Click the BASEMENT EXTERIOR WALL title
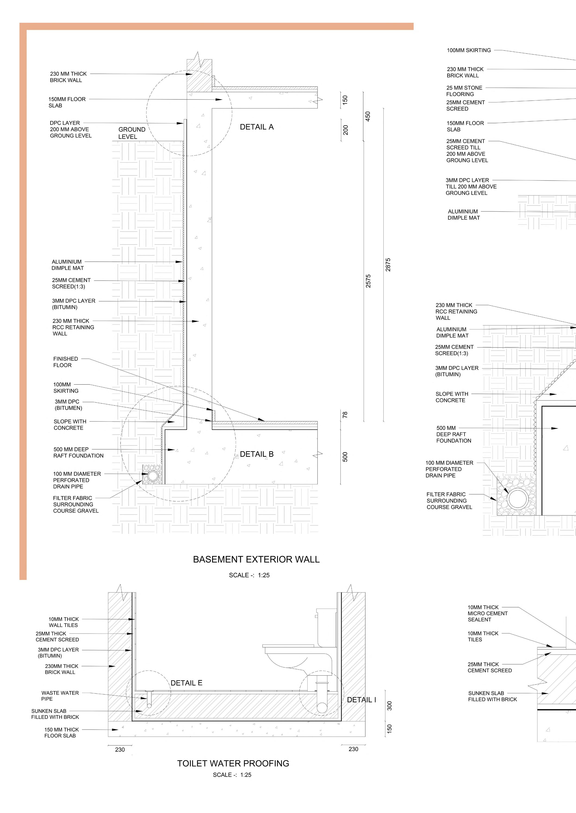click(x=256, y=559)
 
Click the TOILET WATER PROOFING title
click(x=233, y=763)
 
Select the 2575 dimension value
click(x=368, y=281)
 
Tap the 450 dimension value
click(x=368, y=116)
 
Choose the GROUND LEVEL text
click(x=132, y=133)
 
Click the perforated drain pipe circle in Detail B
click(x=153, y=476)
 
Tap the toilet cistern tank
click(x=326, y=627)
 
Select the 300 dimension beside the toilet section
click(x=389, y=705)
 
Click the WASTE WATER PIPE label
click(x=60, y=696)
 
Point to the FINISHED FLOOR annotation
click(x=66, y=362)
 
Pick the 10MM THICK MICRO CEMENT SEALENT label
click(x=487, y=613)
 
